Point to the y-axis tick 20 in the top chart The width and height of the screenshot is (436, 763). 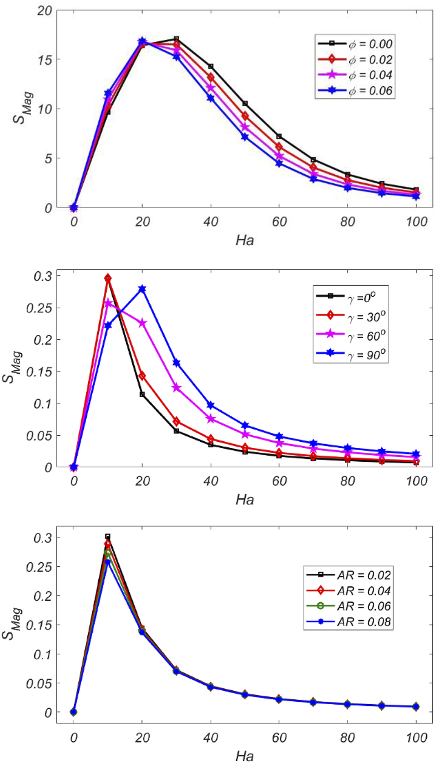click(45, 10)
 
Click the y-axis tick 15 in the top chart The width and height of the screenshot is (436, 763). click(45, 60)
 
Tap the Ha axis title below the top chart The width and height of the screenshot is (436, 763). click(244, 241)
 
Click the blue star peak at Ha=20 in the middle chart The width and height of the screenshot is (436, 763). click(142, 289)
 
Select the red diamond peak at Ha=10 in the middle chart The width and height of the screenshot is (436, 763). click(108, 278)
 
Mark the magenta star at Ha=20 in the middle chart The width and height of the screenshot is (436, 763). click(142, 323)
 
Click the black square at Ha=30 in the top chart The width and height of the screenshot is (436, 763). click(176, 39)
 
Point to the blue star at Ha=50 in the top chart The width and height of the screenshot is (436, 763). click(245, 137)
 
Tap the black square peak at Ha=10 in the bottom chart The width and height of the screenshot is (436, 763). click(108, 537)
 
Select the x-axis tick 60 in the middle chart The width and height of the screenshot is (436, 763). click(279, 481)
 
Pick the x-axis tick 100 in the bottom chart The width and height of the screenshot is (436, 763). click(416, 738)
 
